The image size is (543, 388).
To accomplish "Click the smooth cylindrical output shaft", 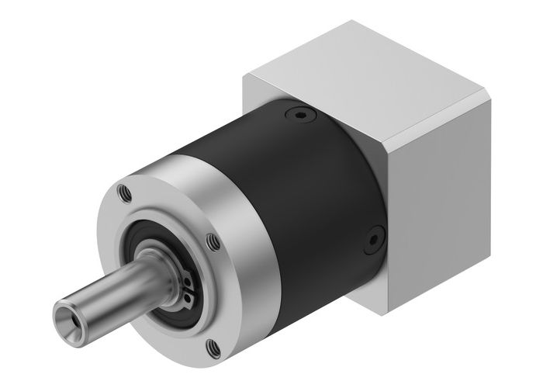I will click(109, 291).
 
